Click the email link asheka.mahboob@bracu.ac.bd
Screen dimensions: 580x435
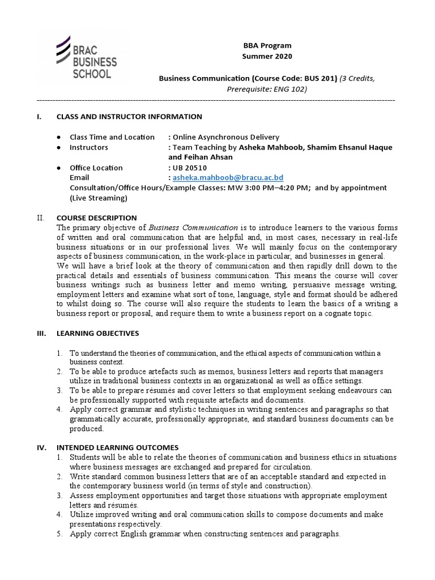(x=224, y=178)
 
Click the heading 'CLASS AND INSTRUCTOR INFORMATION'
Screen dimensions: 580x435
(x=129, y=117)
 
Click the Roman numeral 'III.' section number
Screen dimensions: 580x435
(x=41, y=334)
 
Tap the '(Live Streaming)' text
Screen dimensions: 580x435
(x=99, y=198)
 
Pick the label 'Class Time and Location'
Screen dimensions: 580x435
(x=112, y=137)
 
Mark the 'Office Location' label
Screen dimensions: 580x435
(x=96, y=168)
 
